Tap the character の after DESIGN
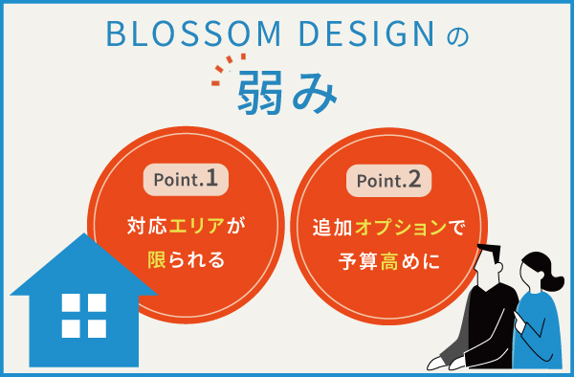pyautogui.click(x=458, y=36)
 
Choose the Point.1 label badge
pyautogui.click(x=186, y=179)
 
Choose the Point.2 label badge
pyautogui.click(x=387, y=179)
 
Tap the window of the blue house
pyautogui.click(x=83, y=315)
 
